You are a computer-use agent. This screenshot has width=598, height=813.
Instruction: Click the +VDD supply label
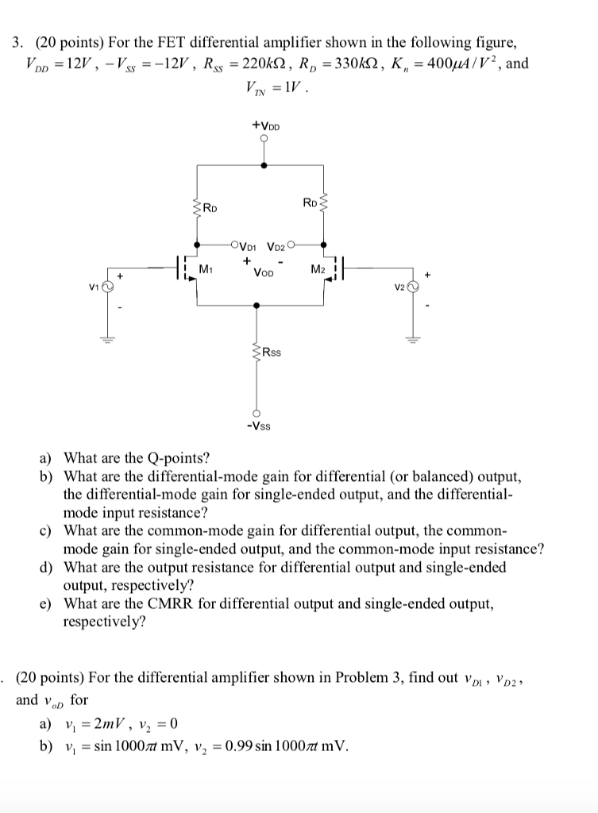264,125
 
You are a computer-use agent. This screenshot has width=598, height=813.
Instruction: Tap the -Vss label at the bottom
257,427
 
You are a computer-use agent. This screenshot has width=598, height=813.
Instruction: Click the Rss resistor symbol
256,352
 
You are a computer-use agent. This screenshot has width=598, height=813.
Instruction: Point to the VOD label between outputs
263,272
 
